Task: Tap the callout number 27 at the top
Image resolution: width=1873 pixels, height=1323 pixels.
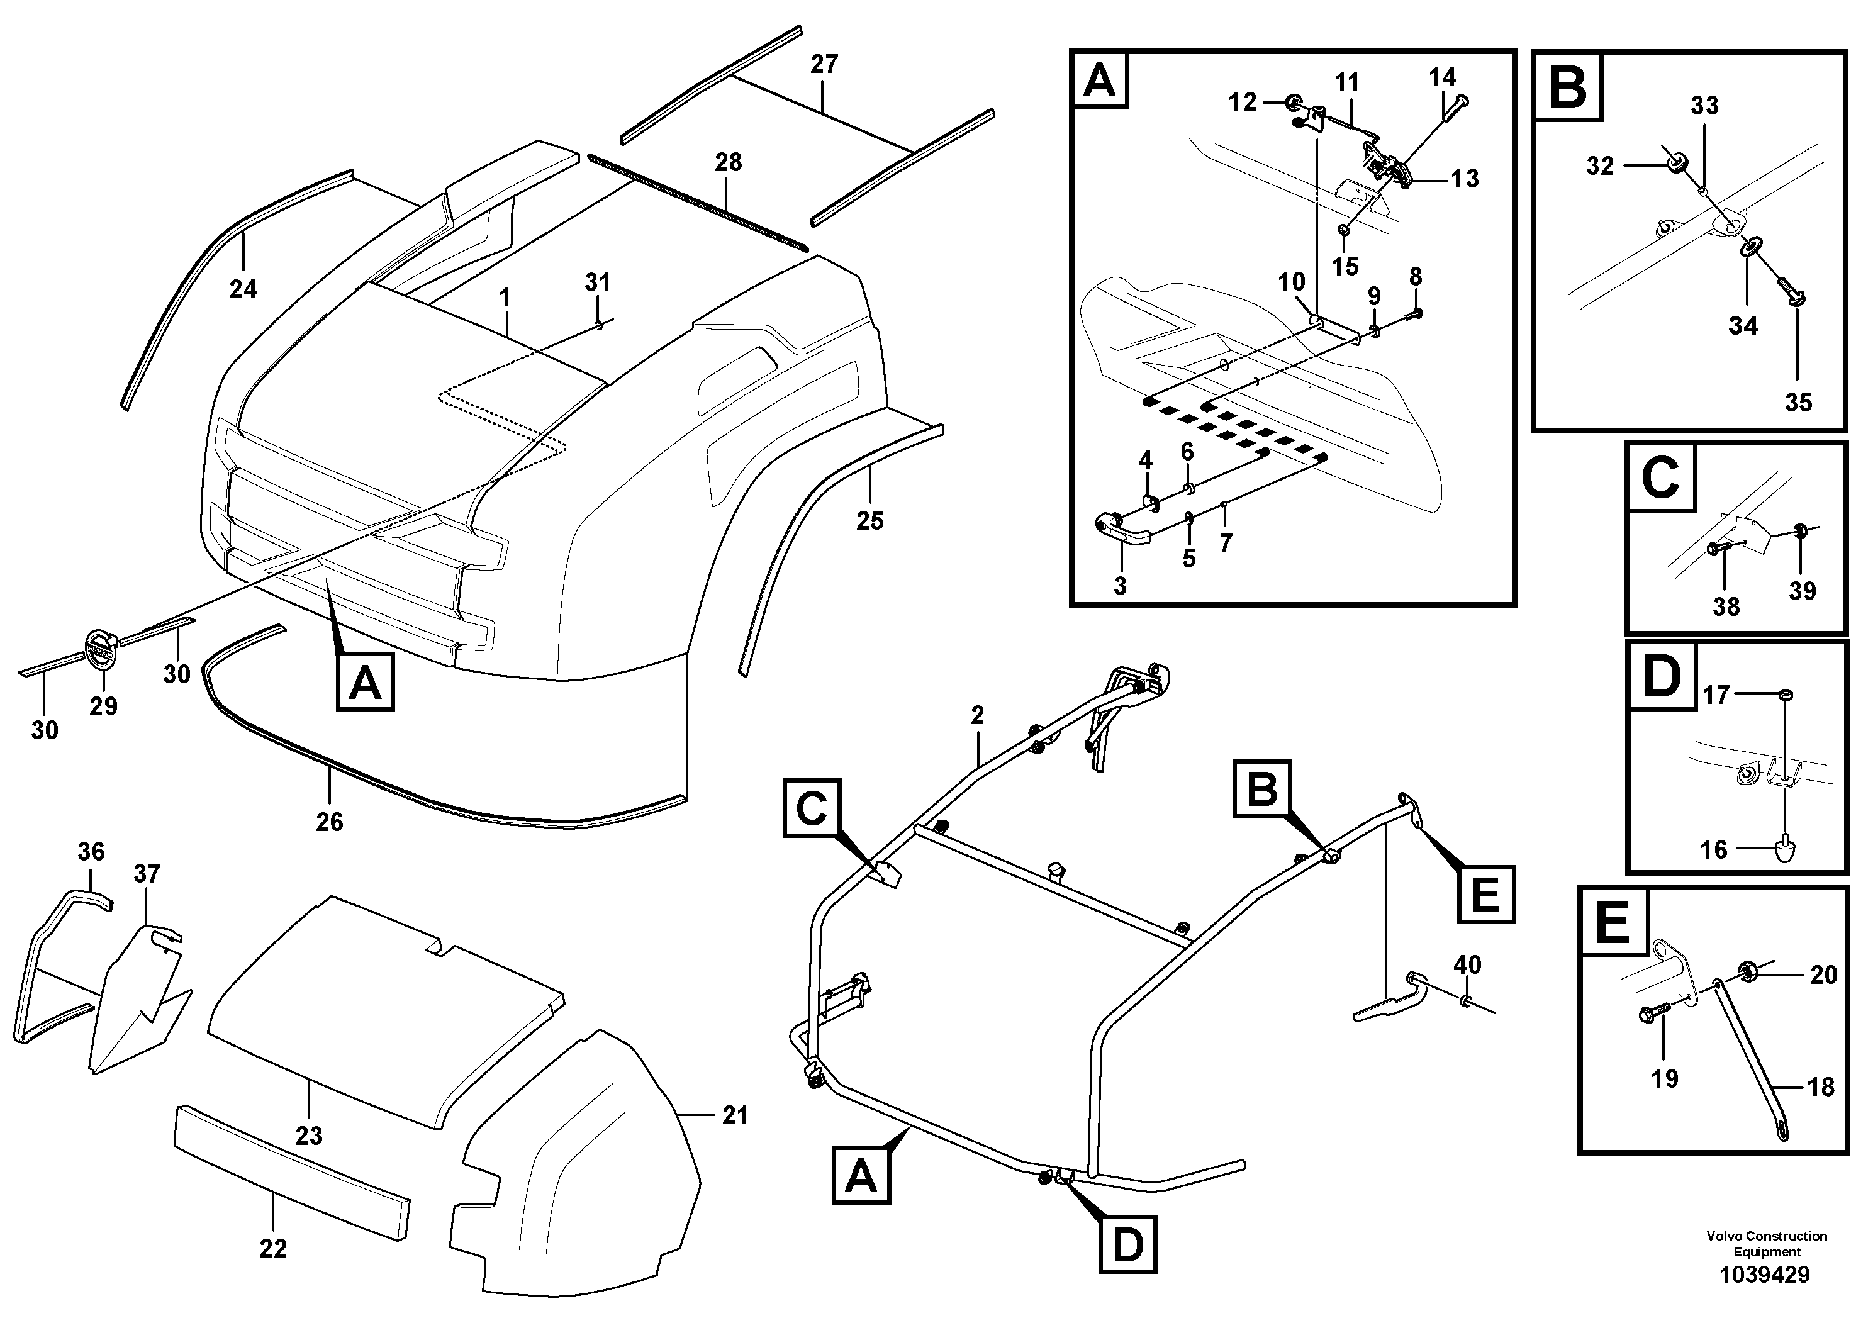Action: click(x=824, y=64)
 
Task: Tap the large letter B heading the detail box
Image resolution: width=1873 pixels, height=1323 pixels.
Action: click(x=1567, y=87)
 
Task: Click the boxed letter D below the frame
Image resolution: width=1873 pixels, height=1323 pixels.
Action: click(x=1127, y=1246)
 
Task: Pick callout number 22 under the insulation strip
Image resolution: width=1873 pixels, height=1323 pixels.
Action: click(x=272, y=1249)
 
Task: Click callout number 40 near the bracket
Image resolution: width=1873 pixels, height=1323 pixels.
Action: click(x=1467, y=965)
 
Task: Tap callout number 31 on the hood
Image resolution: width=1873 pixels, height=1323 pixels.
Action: click(x=597, y=283)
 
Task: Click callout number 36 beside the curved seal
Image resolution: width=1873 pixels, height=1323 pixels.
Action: click(x=91, y=852)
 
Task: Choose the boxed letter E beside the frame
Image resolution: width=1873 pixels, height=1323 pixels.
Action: click(x=1485, y=894)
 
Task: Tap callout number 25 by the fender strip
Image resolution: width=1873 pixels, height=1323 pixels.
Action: click(x=869, y=520)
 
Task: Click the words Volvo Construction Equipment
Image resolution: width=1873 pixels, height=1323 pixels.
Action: click(x=1766, y=1244)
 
